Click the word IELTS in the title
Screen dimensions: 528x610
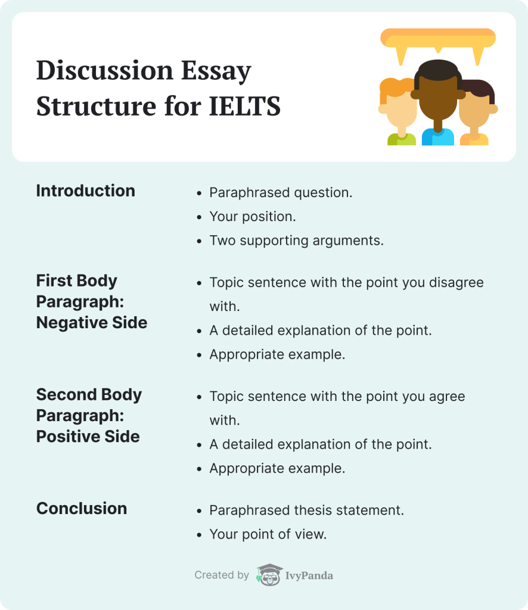245,106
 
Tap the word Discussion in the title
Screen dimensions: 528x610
105,70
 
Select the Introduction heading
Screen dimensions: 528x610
86,191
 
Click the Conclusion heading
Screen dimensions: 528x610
82,509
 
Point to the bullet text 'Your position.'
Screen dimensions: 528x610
253,217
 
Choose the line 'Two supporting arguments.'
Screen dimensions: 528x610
297,241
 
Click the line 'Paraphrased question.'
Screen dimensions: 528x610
281,192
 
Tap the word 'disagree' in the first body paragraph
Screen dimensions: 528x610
456,283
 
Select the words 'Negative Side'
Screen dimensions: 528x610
92,322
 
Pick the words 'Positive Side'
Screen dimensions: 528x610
88,437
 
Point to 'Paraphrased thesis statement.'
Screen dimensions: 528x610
306,511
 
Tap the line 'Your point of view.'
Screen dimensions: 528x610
268,534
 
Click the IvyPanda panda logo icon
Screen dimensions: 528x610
269,575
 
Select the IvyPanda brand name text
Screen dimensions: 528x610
309,576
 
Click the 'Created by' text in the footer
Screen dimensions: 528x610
222,575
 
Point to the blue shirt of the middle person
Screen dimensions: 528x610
438,137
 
